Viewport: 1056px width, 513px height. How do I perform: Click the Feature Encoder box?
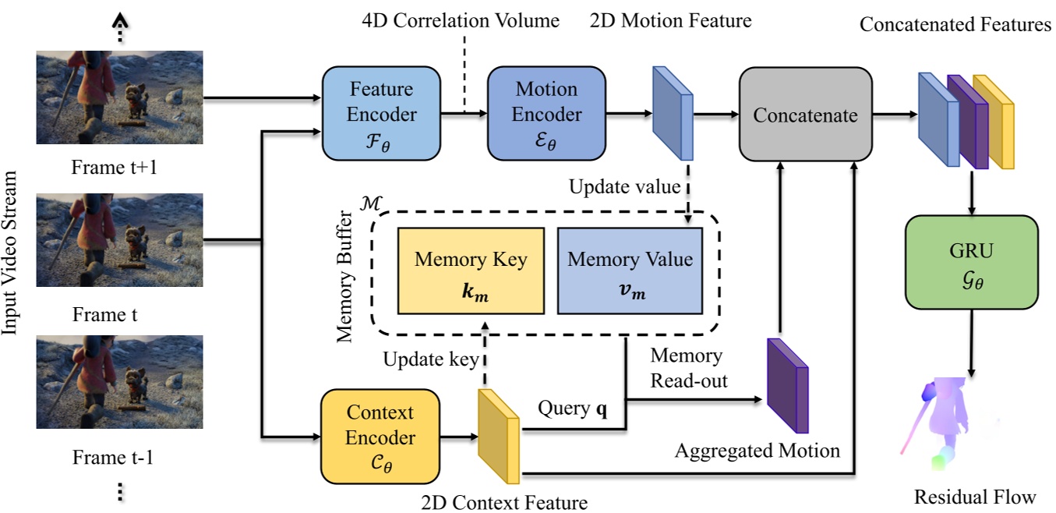pyautogui.click(x=381, y=114)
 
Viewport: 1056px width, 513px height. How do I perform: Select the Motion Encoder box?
pyautogui.click(x=546, y=114)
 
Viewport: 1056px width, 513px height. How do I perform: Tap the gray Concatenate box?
pyautogui.click(x=805, y=115)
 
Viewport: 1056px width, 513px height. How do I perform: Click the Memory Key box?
pyautogui.click(x=470, y=270)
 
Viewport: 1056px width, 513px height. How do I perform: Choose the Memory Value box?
pyautogui.click(x=630, y=270)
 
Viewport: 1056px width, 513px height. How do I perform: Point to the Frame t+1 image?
pyautogui.click(x=119, y=97)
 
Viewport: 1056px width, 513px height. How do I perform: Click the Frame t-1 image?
pyautogui.click(x=119, y=383)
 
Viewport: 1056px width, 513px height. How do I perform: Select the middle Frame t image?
pyautogui.click(x=119, y=241)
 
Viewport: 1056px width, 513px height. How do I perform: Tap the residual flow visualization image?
pyautogui.click(x=947, y=426)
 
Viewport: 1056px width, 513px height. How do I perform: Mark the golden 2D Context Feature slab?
pyautogui.click(x=499, y=436)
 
